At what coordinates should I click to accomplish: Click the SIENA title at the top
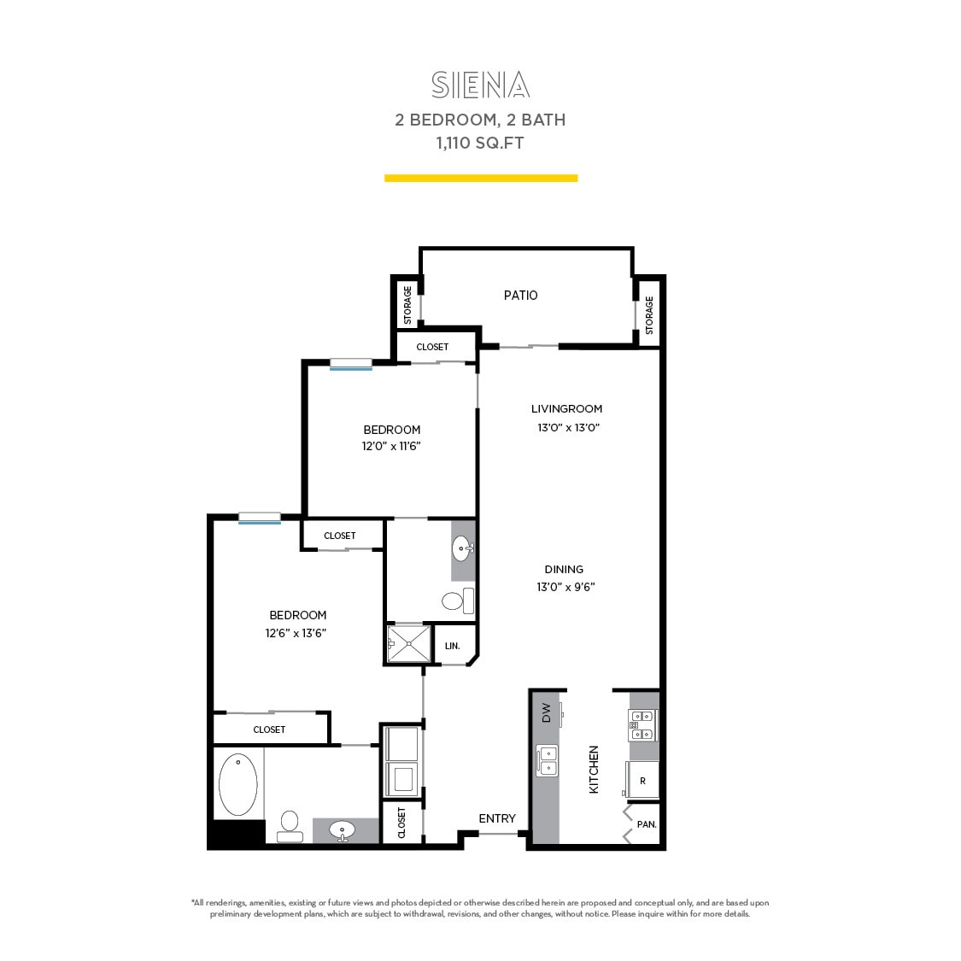point(480,85)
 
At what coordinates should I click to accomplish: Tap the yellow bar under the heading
point(481,179)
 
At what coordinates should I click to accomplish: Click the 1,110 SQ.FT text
point(480,144)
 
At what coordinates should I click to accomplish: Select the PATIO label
point(520,296)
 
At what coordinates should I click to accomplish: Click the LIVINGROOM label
point(566,409)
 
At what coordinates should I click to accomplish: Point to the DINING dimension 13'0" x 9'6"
point(565,588)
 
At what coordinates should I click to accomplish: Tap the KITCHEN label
point(594,770)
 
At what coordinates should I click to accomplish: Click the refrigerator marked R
point(642,781)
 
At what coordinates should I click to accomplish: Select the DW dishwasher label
point(546,712)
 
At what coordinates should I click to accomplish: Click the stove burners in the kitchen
point(642,725)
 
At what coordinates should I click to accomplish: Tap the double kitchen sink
point(547,760)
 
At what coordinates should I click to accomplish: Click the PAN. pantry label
point(647,824)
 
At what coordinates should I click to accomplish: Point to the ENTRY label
point(497,818)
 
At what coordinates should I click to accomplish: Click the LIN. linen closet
point(452,646)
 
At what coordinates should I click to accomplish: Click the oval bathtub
point(237,783)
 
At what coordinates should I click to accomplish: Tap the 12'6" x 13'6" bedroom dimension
point(296,634)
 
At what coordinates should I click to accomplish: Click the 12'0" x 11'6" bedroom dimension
point(391,447)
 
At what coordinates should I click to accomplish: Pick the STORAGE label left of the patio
point(407,304)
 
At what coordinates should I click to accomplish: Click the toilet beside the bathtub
point(290,825)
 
